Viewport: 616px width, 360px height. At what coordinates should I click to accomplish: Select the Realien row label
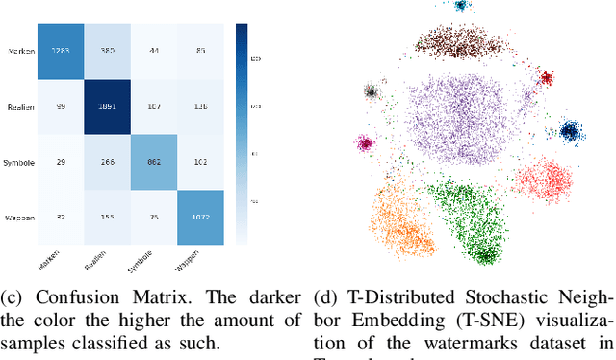click(20, 106)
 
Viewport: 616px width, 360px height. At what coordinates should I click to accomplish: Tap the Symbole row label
click(19, 162)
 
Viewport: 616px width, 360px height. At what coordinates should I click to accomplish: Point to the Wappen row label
click(19, 217)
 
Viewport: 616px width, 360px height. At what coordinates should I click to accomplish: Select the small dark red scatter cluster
click(546, 77)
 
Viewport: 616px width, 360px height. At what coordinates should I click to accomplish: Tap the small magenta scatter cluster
click(364, 143)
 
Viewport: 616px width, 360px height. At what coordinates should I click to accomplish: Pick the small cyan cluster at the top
click(462, 6)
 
